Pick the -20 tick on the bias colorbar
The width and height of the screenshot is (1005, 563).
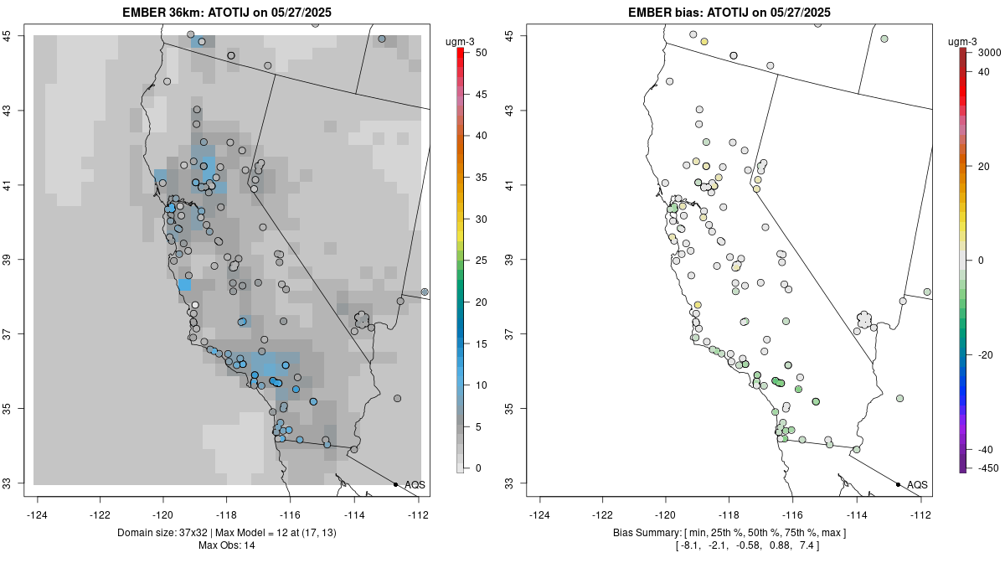[985, 354]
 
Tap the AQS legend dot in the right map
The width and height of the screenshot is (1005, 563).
[898, 484]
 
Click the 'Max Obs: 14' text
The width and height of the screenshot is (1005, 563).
[226, 545]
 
